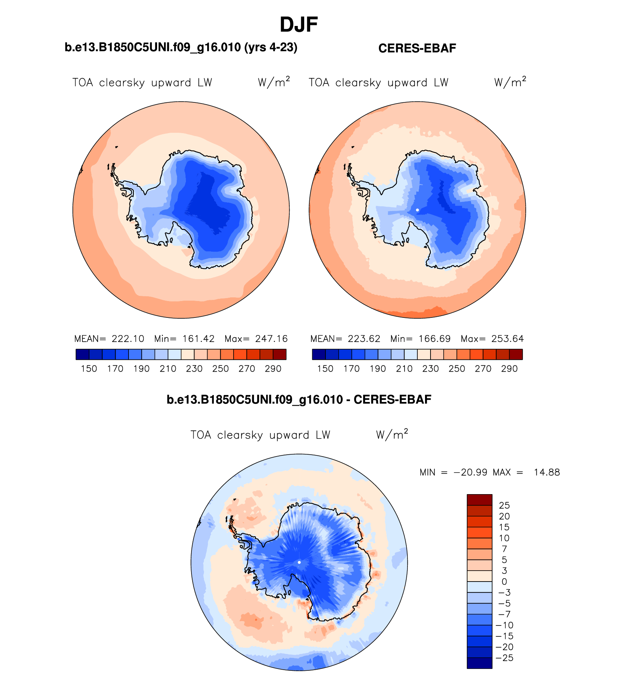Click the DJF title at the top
299,25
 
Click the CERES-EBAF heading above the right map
417,48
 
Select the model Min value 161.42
198,339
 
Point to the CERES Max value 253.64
508,339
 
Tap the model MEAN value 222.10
128,339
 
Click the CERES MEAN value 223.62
364,339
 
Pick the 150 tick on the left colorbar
89,369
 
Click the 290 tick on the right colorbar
509,369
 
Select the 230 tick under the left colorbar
194,369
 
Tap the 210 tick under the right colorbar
404,369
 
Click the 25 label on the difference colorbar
504,505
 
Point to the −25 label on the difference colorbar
504,658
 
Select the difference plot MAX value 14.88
547,473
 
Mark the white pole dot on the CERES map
417,210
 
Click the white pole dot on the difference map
299,562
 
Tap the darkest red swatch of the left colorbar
280,354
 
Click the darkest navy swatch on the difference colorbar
479,663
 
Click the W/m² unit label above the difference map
392,435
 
